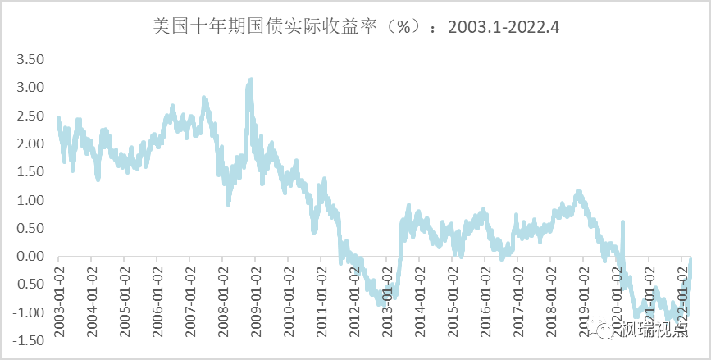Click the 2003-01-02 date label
(x=59, y=297)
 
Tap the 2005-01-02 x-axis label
(x=125, y=297)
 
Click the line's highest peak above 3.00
(x=250, y=80)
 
